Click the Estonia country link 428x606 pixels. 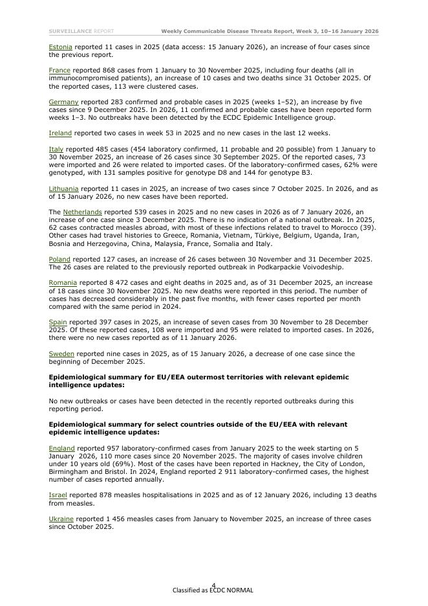(x=60, y=47)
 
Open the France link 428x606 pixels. (x=59, y=70)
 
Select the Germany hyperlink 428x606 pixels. (x=63, y=102)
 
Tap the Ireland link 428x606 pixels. (x=60, y=133)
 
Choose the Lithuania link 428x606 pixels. (x=63, y=188)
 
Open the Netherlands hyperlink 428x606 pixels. (x=82, y=212)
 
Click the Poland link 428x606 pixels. (x=59, y=259)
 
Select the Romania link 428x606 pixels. (x=63, y=282)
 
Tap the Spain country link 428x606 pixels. (x=58, y=322)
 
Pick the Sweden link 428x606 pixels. (x=61, y=353)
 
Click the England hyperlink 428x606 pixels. (x=62, y=448)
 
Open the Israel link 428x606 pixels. (x=58, y=495)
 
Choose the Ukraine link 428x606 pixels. (x=61, y=519)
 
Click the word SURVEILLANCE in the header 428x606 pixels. (x=70, y=31)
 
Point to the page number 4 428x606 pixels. (x=213, y=585)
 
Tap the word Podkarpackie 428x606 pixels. (x=253, y=267)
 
